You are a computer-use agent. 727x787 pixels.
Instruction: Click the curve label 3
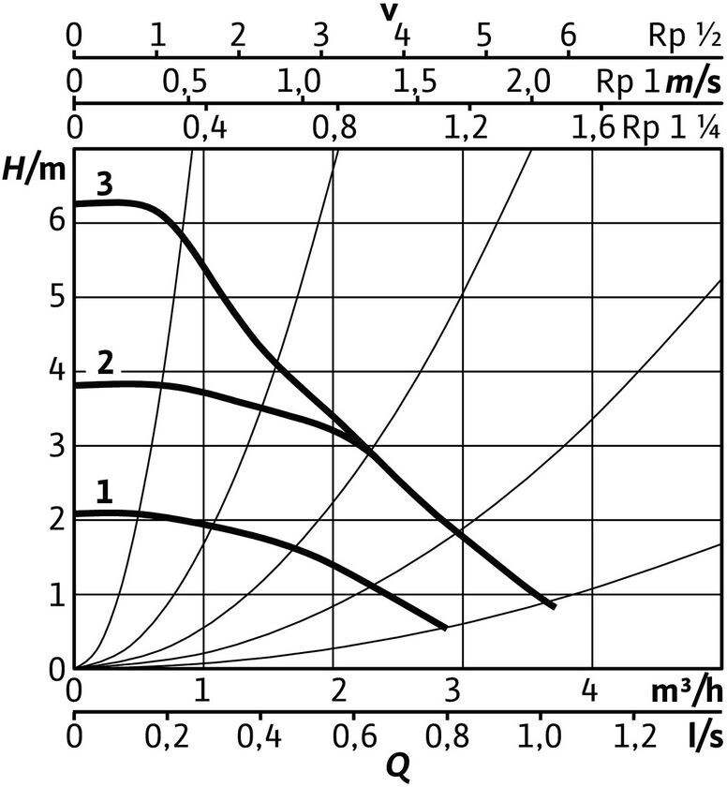(104, 185)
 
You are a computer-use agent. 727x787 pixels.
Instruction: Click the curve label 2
(106, 361)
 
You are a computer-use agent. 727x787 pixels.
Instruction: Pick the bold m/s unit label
(693, 82)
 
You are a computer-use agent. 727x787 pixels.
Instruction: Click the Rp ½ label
(684, 37)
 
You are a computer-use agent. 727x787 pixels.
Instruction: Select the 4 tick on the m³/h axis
(590, 690)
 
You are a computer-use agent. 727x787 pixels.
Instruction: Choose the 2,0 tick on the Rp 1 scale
(529, 82)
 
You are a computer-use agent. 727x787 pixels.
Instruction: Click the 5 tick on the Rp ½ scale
(484, 37)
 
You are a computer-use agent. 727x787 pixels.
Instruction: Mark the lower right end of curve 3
(554, 607)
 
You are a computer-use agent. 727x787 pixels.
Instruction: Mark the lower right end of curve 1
(444, 628)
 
